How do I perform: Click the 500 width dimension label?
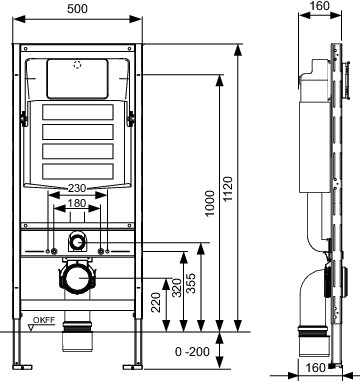(77, 9)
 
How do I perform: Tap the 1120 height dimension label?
(228, 189)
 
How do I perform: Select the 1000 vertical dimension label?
(210, 203)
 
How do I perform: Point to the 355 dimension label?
(191, 283)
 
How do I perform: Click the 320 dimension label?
(178, 287)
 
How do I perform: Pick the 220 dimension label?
(156, 302)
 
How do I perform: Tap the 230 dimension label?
(77, 188)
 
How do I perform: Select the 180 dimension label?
(77, 203)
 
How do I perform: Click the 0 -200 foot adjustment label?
(192, 351)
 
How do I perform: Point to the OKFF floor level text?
(44, 320)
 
